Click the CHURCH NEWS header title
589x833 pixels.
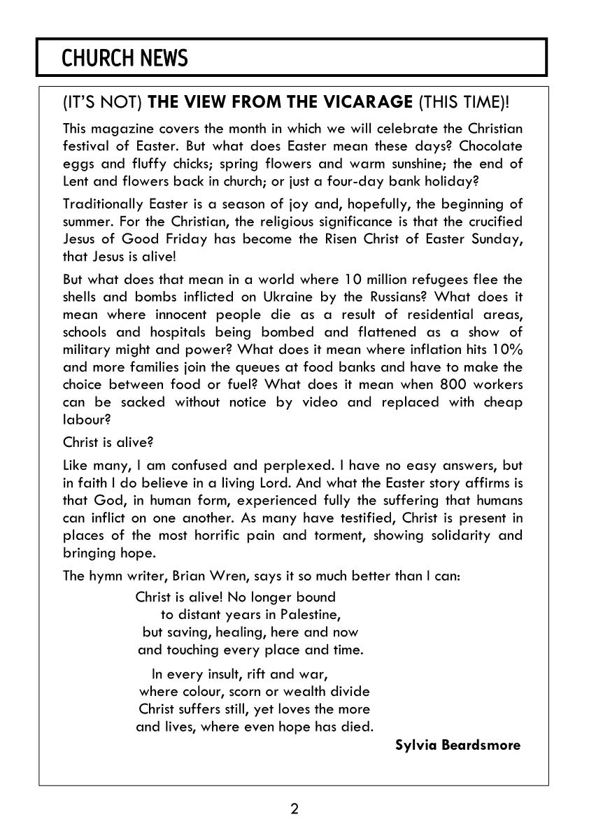(125, 58)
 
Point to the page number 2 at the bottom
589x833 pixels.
(294, 809)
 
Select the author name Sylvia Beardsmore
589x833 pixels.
(457, 745)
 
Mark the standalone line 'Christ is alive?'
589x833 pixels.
(108, 442)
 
